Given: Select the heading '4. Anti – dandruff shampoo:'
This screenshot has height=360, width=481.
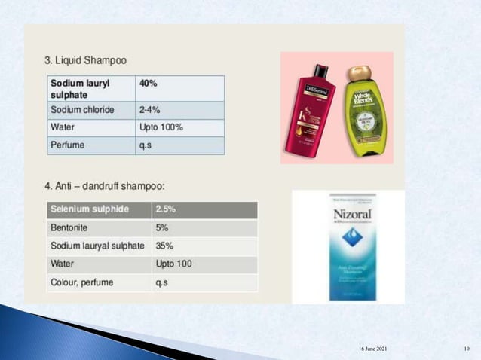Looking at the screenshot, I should pyautogui.click(x=104, y=185).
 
